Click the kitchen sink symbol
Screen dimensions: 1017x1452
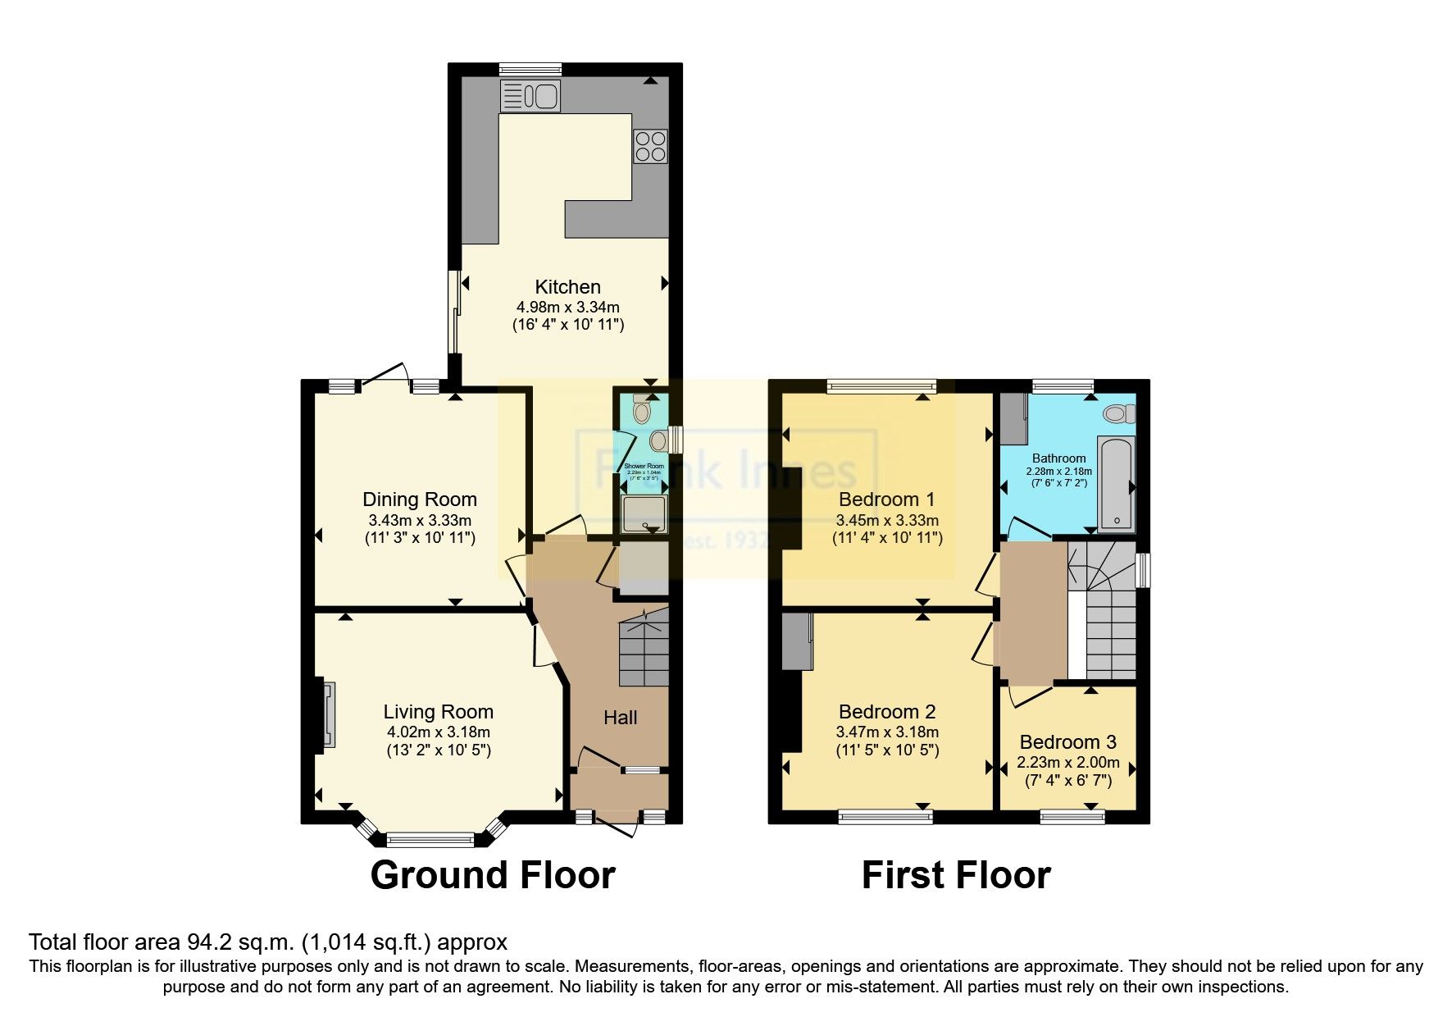click(x=530, y=96)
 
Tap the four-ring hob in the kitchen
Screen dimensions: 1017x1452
click(x=650, y=146)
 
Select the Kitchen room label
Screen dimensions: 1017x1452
click(x=567, y=287)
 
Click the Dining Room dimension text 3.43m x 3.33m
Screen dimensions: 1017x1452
click(x=420, y=520)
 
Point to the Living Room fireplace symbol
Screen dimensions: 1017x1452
click(x=328, y=714)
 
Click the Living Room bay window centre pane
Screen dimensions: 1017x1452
click(x=430, y=838)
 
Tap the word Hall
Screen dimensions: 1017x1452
click(x=620, y=718)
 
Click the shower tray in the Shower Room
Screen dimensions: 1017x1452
click(x=644, y=513)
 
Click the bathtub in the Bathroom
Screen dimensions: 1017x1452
click(x=1116, y=484)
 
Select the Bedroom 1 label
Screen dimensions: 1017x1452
click(x=886, y=499)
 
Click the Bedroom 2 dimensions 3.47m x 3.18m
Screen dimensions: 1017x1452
click(x=887, y=732)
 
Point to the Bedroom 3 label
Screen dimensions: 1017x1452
click(x=1067, y=742)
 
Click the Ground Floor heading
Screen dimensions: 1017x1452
click(x=493, y=875)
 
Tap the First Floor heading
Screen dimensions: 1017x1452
click(x=956, y=875)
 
